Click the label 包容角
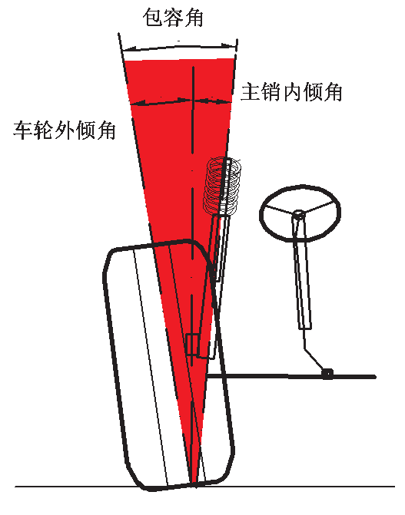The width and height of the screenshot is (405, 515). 173,17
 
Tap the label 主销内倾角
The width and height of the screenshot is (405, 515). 291,91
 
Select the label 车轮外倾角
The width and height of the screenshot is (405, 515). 65,130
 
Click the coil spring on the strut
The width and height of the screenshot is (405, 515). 222,187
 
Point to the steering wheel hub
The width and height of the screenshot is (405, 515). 298,215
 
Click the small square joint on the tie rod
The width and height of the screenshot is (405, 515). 327,373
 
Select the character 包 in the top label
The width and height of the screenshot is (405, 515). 152,17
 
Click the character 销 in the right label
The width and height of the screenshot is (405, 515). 271,91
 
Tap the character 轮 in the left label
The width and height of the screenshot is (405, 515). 44,130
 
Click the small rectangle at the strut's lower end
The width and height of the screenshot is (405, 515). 192,345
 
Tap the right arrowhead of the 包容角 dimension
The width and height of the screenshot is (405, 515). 230,45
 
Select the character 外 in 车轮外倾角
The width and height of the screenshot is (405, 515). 65,130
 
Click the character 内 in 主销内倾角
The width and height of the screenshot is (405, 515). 291,91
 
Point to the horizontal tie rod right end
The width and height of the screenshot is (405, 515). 374,377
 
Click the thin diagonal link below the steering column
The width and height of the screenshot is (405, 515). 314,349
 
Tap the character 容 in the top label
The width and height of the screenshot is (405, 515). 173,17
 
